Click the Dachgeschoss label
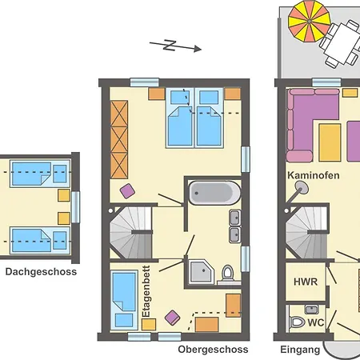[x=41, y=272]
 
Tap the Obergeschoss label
[x=213, y=350]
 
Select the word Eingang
[x=300, y=350]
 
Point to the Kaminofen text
[x=314, y=175]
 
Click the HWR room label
[x=305, y=282]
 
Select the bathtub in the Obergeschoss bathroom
[x=214, y=193]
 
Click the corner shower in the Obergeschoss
[x=200, y=272]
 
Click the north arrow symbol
[x=175, y=46]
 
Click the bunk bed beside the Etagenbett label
[x=125, y=298]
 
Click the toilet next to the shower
[x=227, y=274]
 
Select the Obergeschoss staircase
[x=130, y=230]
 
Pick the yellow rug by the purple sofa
[x=330, y=141]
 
